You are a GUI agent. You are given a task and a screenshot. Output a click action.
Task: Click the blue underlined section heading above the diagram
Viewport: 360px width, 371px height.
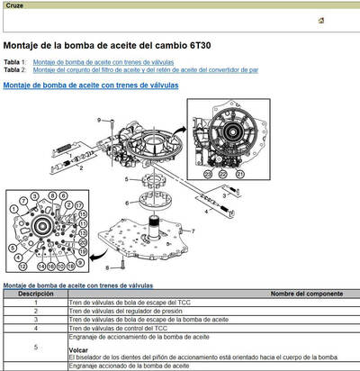(x=91, y=85)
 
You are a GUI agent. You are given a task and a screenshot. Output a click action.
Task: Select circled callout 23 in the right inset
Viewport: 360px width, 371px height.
(x=209, y=173)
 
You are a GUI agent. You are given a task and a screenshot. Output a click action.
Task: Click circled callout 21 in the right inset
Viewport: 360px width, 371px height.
(x=238, y=173)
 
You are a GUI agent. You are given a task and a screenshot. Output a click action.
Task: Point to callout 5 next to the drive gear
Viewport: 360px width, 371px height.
(x=127, y=180)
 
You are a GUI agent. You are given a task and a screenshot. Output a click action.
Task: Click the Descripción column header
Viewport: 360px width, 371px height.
(x=35, y=294)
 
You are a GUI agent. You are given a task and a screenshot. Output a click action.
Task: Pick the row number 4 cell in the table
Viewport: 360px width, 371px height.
(x=35, y=327)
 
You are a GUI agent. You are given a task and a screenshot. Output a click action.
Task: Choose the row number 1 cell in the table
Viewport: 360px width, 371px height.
(x=35, y=303)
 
